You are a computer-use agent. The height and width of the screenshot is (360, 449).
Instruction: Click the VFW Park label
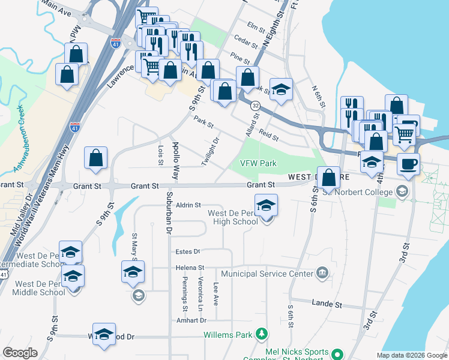tap(258, 163)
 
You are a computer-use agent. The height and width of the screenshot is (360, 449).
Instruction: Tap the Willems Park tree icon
tap(261, 333)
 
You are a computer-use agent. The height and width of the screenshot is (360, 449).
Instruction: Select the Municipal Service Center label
tap(267, 274)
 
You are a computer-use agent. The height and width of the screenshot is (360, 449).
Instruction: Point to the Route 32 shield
tap(256, 106)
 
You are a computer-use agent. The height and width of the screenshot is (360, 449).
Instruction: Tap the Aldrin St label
tap(188, 205)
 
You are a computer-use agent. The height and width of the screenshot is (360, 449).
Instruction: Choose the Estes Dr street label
tap(187, 251)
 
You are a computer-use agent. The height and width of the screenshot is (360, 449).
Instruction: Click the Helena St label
tap(190, 268)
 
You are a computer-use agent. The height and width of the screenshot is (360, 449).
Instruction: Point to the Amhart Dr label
tap(191, 320)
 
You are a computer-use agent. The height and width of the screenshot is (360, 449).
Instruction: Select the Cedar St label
tap(246, 44)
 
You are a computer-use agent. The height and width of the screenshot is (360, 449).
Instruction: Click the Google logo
tap(20, 353)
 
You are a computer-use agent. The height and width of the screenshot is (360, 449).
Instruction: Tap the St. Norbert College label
tap(359, 192)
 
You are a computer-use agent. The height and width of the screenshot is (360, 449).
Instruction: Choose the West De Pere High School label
tap(232, 217)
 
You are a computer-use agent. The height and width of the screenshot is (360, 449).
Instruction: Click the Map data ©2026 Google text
tap(411, 355)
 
